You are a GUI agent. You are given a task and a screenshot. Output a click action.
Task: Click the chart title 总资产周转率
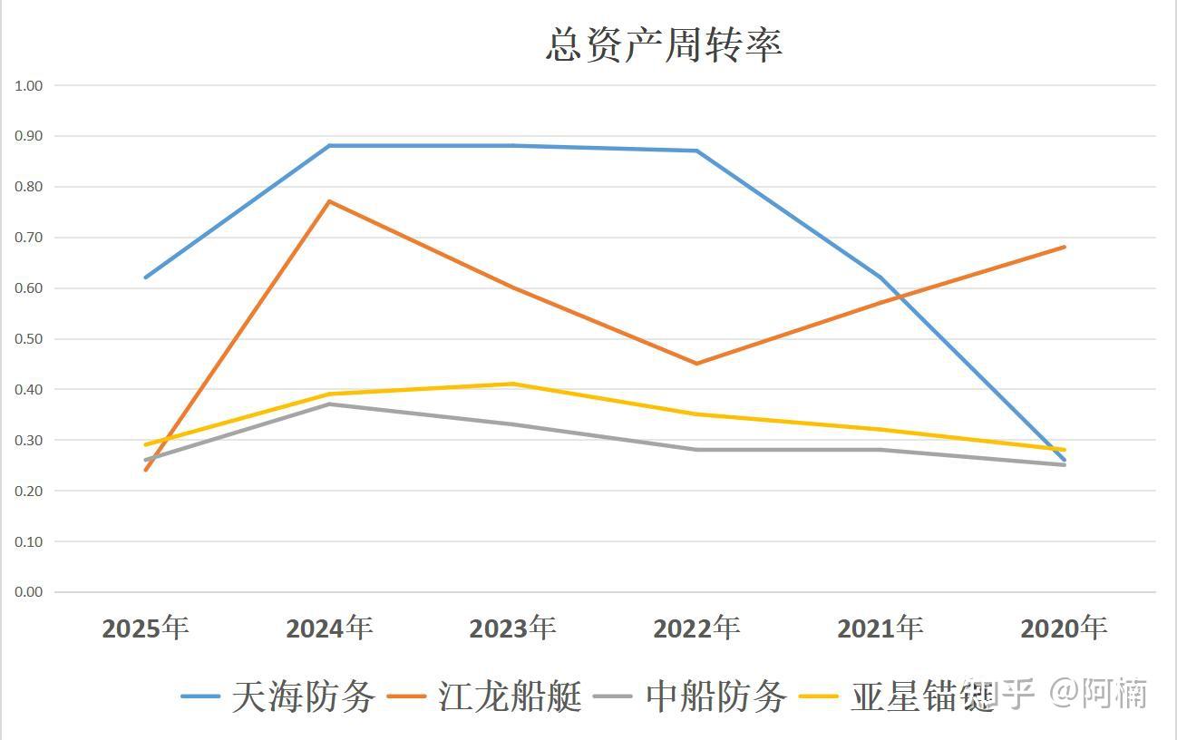coord(664,44)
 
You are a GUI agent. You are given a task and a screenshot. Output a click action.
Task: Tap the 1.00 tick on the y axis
coord(29,85)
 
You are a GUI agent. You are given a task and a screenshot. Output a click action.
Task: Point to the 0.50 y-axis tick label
coord(29,339)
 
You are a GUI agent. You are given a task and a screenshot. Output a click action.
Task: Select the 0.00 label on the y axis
coord(29,592)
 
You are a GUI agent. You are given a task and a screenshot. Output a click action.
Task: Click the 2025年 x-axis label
coord(145,628)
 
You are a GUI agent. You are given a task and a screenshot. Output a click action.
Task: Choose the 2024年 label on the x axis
coord(329,628)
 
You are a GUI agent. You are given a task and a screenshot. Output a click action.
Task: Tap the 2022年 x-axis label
coord(696,628)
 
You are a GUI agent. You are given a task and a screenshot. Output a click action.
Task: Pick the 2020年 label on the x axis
coord(1064,628)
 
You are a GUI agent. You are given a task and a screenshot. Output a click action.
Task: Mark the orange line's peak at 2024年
coord(329,201)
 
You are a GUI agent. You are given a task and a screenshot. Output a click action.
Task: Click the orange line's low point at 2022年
coord(696,364)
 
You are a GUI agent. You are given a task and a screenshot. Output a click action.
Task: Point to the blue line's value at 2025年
coord(145,277)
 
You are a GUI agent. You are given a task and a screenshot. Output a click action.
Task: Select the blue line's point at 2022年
coord(696,151)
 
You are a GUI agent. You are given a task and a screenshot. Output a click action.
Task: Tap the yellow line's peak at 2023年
coord(513,384)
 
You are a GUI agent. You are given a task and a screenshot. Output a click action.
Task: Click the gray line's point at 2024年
coord(329,404)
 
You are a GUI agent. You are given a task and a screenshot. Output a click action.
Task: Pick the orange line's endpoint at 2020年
coord(1064,247)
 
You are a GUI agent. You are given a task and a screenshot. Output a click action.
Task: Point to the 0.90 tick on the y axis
coord(29,136)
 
